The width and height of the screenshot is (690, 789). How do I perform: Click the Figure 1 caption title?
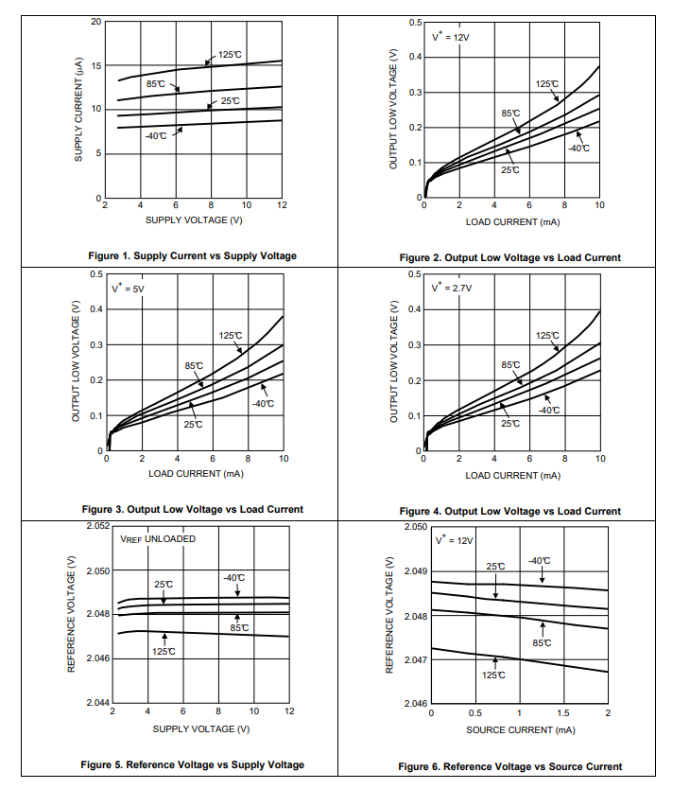pyautogui.click(x=192, y=255)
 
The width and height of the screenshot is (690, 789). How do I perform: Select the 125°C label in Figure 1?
pyautogui.click(x=230, y=55)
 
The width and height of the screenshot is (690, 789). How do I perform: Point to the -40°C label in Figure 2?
pyautogui.click(x=578, y=149)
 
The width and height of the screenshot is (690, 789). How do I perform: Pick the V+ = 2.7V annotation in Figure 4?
pyautogui.click(x=451, y=288)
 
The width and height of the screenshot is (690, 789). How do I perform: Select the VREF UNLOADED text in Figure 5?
pyautogui.click(x=158, y=538)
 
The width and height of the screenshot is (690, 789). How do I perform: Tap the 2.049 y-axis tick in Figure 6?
pyautogui.click(x=415, y=571)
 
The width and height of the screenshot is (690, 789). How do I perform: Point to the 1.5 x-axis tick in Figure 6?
pyautogui.click(x=563, y=712)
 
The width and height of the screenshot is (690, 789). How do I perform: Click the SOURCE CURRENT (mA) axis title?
pyautogui.click(x=520, y=729)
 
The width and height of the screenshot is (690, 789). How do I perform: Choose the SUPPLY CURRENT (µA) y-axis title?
pyautogui.click(x=79, y=109)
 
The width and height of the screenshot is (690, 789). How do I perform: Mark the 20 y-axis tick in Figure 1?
pyautogui.click(x=95, y=21)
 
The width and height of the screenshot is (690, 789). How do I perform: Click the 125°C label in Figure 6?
pyautogui.click(x=493, y=675)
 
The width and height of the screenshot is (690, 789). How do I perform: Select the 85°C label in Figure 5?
pyautogui.click(x=239, y=628)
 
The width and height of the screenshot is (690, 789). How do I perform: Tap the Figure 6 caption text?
pyautogui.click(x=510, y=766)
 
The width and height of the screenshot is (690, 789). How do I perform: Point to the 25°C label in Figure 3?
pyautogui.click(x=193, y=425)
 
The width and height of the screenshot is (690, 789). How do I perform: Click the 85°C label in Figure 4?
pyautogui.click(x=510, y=364)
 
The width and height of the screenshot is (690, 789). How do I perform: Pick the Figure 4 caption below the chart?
pyautogui.click(x=510, y=511)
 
